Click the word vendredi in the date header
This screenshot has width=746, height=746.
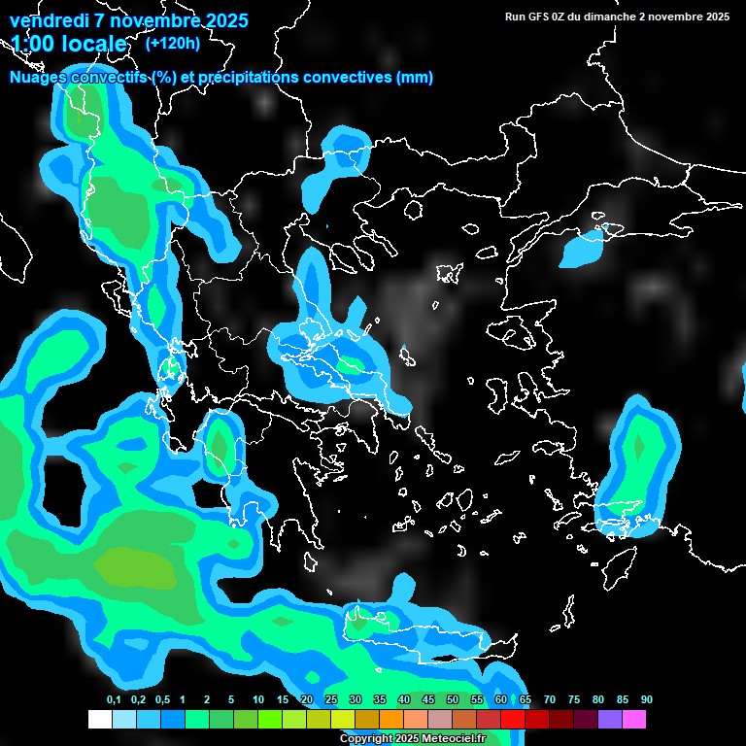click(49, 20)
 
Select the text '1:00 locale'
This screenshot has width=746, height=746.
click(69, 45)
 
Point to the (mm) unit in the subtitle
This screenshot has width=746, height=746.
click(415, 78)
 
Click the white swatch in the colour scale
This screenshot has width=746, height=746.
click(99, 720)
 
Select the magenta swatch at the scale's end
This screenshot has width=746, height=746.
click(634, 720)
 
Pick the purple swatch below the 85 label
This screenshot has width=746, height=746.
click(610, 720)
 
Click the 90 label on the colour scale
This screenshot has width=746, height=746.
click(646, 699)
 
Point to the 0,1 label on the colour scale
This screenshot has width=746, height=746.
click(114, 699)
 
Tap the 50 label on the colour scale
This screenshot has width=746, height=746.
click(453, 699)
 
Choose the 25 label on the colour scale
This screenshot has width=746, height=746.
click(331, 699)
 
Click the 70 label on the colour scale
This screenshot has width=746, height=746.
click(550, 699)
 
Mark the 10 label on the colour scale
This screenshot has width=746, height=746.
click(258, 699)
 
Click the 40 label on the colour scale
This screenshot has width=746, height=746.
click(404, 699)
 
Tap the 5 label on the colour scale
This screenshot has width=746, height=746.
click(231, 699)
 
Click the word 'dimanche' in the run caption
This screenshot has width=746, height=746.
click(611, 17)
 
